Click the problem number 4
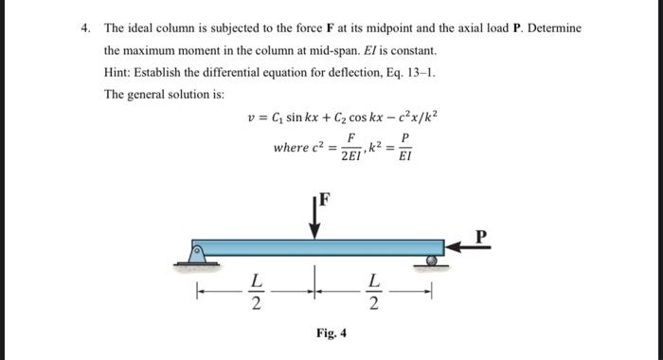[86, 28]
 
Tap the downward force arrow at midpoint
[316, 217]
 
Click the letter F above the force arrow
[325, 199]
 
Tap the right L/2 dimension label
[374, 293]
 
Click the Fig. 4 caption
[331, 333]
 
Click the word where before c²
[289, 148]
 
